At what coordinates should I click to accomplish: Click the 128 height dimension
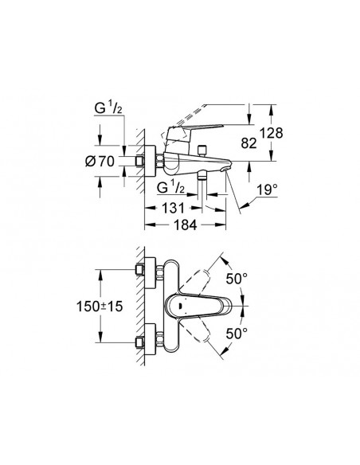[272, 133]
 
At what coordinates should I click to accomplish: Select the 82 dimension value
[248, 143]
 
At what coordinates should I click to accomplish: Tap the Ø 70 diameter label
[100, 162]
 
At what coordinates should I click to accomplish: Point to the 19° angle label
[267, 190]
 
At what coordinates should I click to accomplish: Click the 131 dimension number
[173, 208]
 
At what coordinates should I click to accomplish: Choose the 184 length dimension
[185, 225]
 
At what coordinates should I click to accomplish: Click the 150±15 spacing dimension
[100, 306]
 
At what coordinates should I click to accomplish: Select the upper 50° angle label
[237, 279]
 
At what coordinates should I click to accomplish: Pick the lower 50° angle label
[237, 334]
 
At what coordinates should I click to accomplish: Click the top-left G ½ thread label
[108, 108]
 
